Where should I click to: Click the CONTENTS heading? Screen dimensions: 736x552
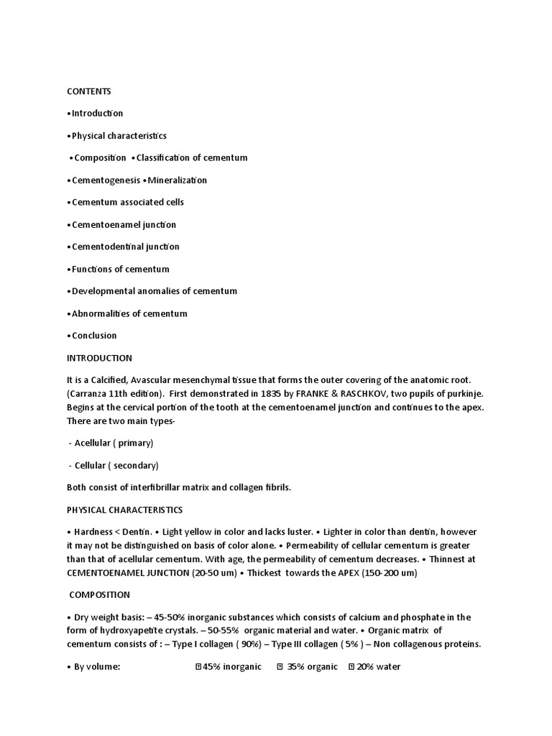(x=89, y=91)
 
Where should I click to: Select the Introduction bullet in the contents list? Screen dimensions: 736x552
(x=97, y=114)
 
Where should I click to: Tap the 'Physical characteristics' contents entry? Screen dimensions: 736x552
(x=119, y=136)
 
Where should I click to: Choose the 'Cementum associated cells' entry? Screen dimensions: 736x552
(x=127, y=203)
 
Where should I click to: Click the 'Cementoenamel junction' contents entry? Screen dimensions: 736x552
(x=123, y=225)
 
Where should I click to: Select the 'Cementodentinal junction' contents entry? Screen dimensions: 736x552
(x=125, y=247)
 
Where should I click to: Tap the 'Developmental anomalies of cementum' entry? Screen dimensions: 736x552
(x=154, y=291)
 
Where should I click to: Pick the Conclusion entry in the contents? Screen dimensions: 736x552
(x=93, y=336)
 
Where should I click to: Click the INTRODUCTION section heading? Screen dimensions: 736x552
(x=99, y=358)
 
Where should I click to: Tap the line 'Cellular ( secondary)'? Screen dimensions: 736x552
(x=116, y=465)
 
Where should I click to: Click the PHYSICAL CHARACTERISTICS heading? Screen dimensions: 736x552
(x=124, y=510)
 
